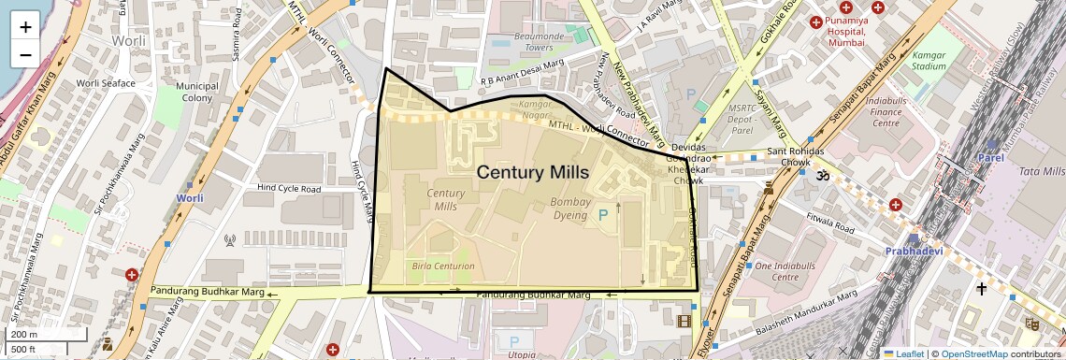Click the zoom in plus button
[x=25, y=26]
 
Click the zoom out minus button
[x=25, y=54]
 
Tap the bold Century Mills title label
[x=532, y=172]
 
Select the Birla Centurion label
[x=443, y=266]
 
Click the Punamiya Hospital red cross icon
[x=814, y=21]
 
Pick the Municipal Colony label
[x=196, y=92]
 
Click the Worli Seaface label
[x=106, y=83]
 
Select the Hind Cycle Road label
[x=291, y=189]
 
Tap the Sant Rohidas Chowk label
[x=795, y=157]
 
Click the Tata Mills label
[x=1041, y=171]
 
